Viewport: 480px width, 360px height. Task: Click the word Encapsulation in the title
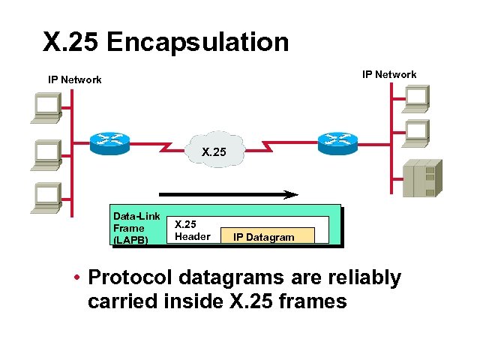pyautogui.click(x=198, y=42)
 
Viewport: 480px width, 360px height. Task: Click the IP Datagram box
pyautogui.click(x=263, y=237)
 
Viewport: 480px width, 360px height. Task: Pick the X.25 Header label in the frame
pyautogui.click(x=192, y=230)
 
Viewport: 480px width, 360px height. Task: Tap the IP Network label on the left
pyautogui.click(x=75, y=79)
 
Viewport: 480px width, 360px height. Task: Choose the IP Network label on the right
pyautogui.click(x=389, y=74)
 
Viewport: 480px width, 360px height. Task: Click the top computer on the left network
pyautogui.click(x=47, y=107)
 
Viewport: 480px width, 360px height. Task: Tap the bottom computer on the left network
pyautogui.click(x=47, y=197)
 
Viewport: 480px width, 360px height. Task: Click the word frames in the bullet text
pyautogui.click(x=309, y=302)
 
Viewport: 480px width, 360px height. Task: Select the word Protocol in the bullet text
pyautogui.click(x=132, y=277)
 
